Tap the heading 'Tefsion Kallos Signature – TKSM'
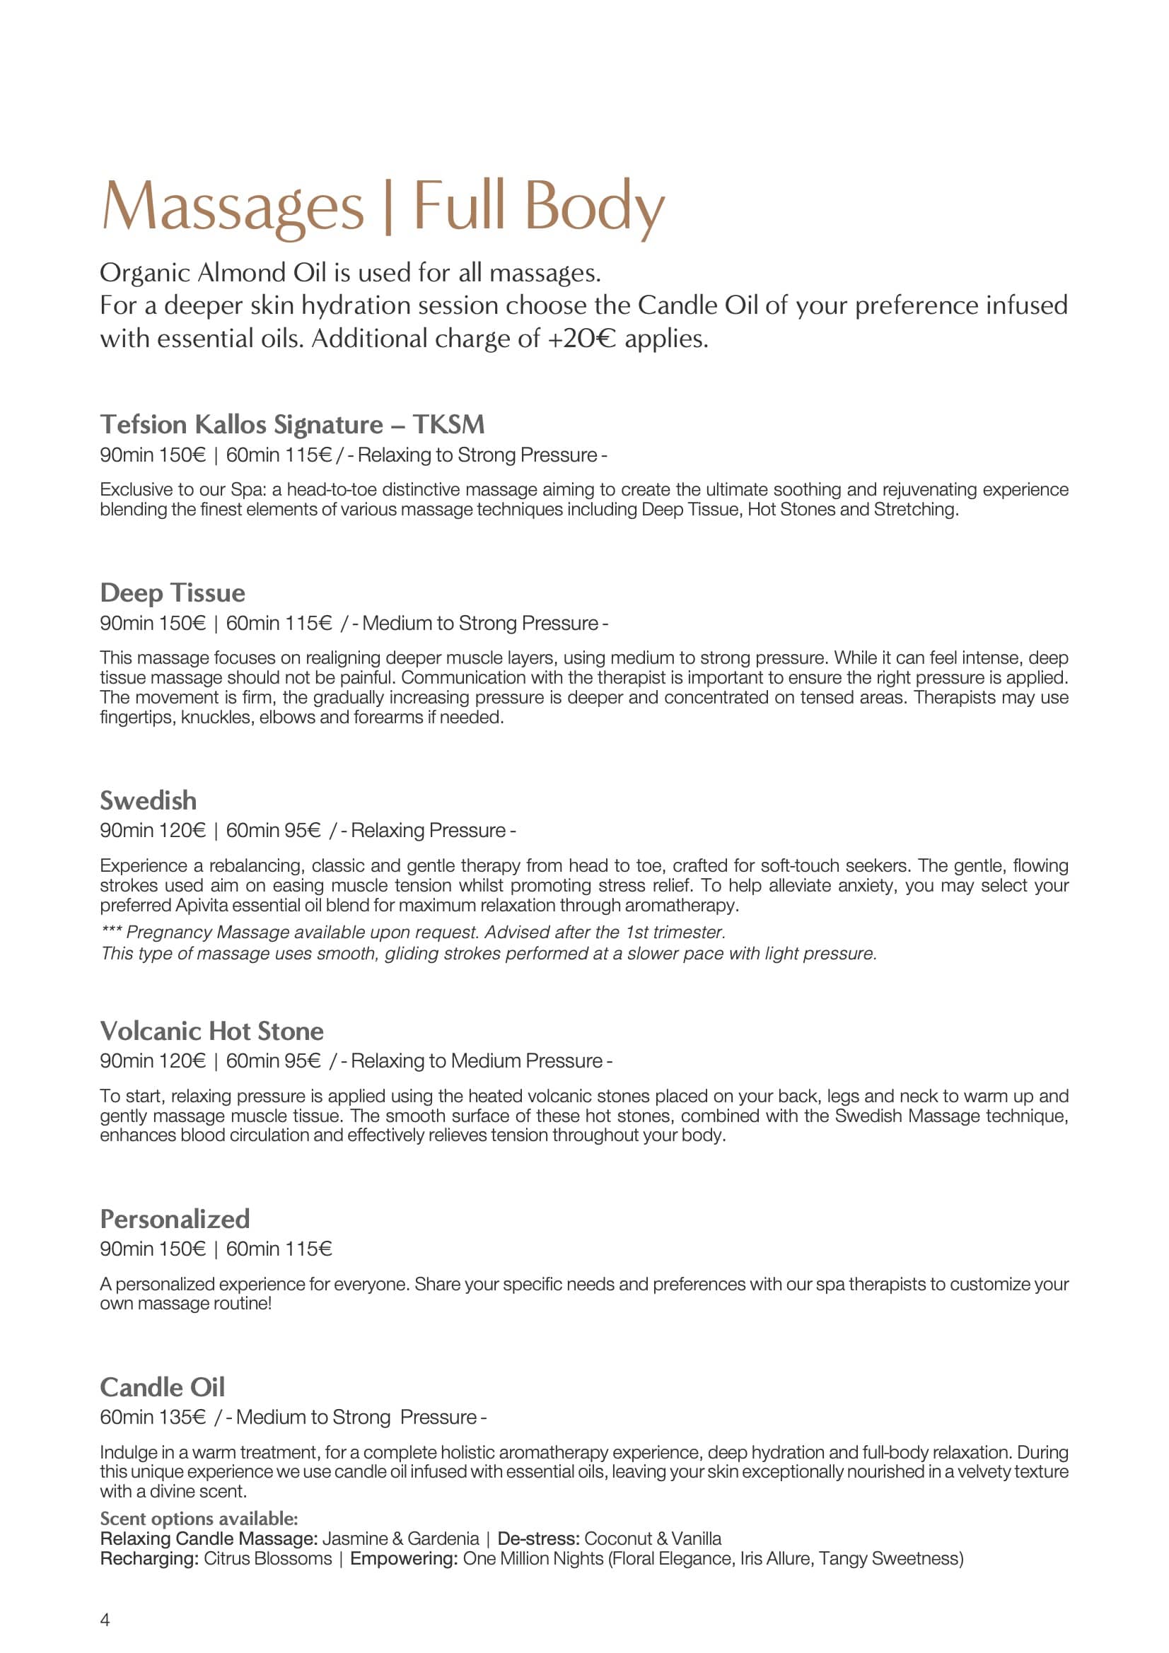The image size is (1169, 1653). click(291, 424)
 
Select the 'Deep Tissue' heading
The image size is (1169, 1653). click(172, 592)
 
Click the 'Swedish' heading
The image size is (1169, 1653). click(148, 800)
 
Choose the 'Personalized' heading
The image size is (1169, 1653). click(174, 1218)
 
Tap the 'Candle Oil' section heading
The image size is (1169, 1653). click(162, 1386)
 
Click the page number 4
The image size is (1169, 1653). click(105, 1619)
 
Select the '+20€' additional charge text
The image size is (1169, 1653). click(582, 339)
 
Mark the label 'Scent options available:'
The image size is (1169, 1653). click(199, 1519)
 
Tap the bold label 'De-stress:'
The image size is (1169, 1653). click(538, 1538)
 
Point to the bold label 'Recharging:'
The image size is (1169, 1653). click(149, 1559)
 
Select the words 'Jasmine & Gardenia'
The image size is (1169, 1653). click(400, 1538)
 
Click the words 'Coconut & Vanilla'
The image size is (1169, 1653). click(653, 1538)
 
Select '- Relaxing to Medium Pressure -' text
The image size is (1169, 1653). click(477, 1061)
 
